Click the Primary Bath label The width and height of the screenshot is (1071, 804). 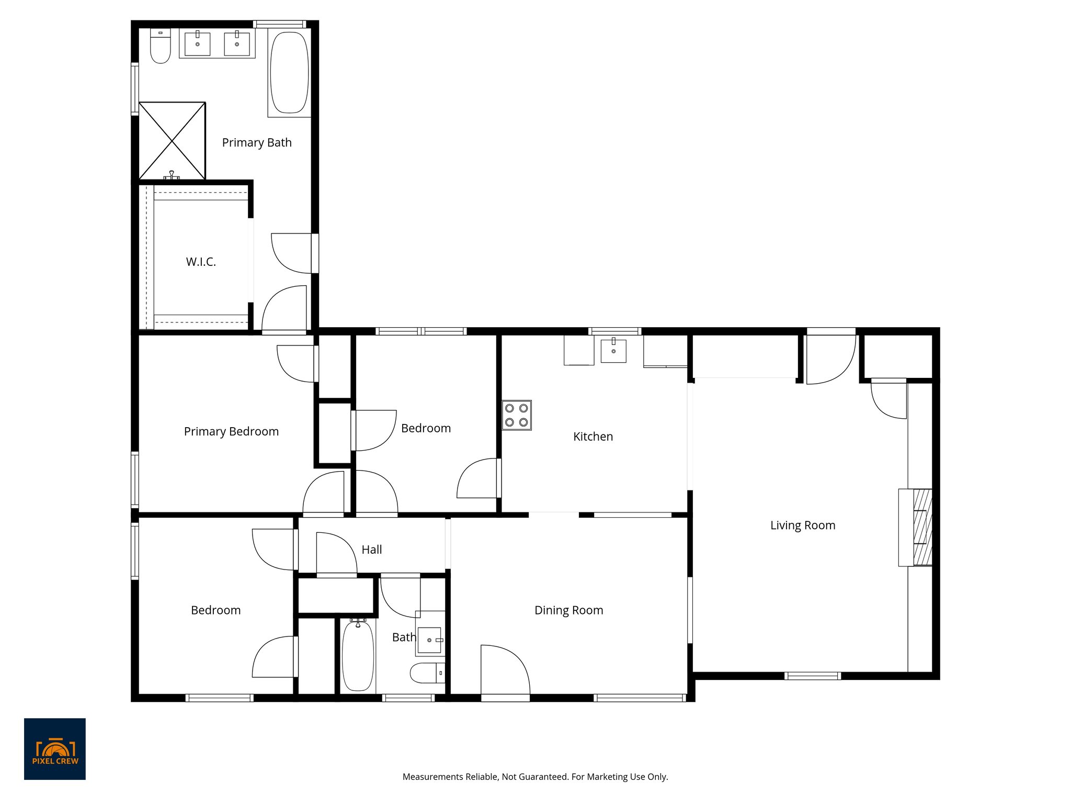coord(257,142)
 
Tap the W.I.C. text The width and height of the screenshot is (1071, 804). coord(201,262)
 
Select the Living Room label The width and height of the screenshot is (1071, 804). coord(802,525)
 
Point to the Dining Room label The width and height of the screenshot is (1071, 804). coord(568,610)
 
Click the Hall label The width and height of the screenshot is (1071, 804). coord(371,550)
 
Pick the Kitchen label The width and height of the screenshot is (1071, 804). coord(593,436)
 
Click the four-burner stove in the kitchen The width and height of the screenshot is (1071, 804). coord(517,415)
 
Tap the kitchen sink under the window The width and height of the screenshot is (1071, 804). coord(613,350)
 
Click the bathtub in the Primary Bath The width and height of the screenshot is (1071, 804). coord(289,72)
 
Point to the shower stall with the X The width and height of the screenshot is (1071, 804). coord(172,140)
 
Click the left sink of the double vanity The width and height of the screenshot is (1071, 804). coord(198,43)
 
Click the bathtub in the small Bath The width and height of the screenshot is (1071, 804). coord(358,655)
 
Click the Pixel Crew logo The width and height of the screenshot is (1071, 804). coord(55,749)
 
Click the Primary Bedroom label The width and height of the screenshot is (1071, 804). coord(231,431)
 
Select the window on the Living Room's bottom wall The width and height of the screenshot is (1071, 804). coord(812,676)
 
